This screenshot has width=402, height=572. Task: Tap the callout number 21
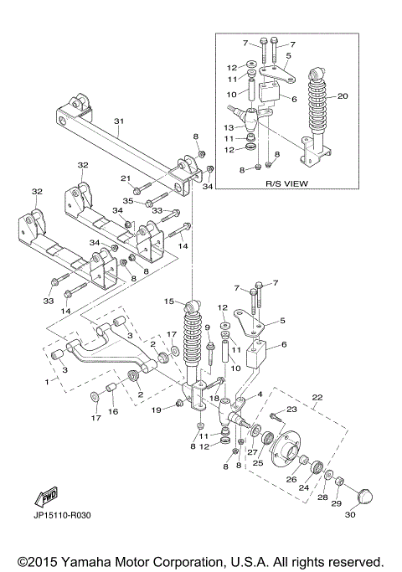pyautogui.click(x=125, y=178)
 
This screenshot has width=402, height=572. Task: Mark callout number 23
pyautogui.click(x=292, y=410)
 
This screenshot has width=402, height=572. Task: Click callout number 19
pyautogui.click(x=157, y=410)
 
